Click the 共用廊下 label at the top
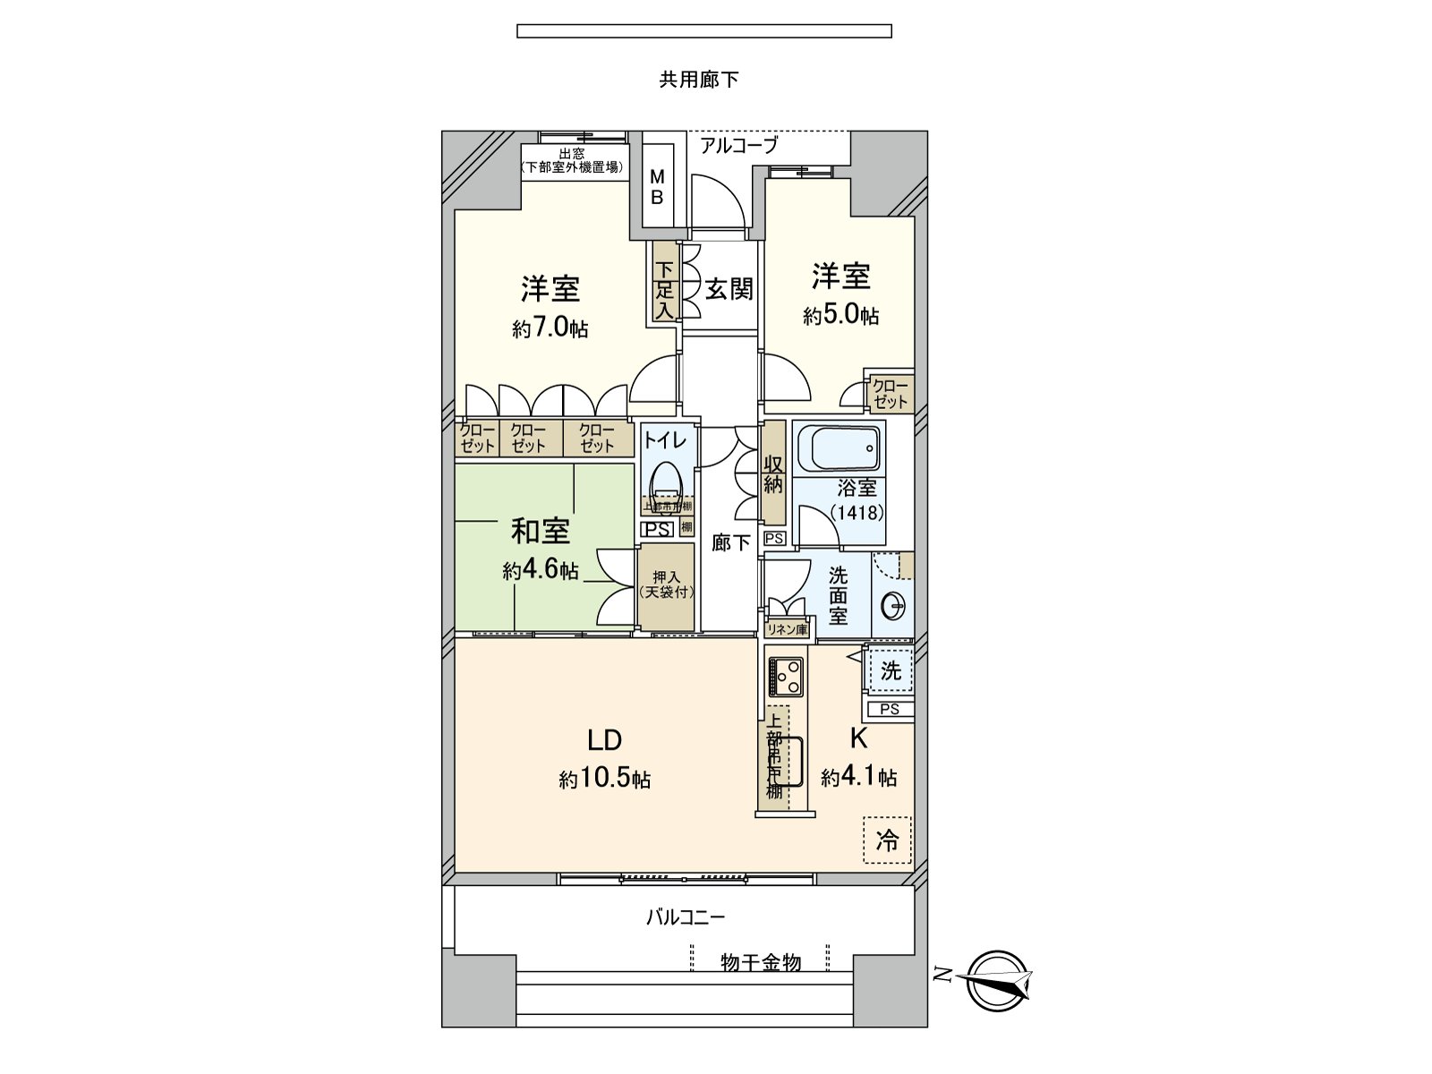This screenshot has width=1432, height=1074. [699, 81]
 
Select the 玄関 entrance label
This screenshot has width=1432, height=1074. [729, 289]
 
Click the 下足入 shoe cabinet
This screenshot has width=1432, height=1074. [664, 290]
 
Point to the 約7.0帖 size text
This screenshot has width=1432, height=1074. [550, 328]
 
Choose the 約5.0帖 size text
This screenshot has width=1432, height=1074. [840, 315]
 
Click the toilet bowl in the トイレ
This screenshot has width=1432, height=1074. [667, 484]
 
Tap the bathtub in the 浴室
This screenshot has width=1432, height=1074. [838, 447]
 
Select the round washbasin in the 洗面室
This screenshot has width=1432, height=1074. [893, 608]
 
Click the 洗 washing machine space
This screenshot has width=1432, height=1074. [890, 670]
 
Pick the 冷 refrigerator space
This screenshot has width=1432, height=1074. [887, 840]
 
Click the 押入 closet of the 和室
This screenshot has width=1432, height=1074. [666, 585]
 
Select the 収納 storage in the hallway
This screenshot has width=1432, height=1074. [773, 474]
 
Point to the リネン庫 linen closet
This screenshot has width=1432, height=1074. [788, 629]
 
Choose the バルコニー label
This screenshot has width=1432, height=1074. [686, 917]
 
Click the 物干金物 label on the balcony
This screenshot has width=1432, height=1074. [761, 963]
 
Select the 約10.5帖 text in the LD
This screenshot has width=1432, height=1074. [605, 780]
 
